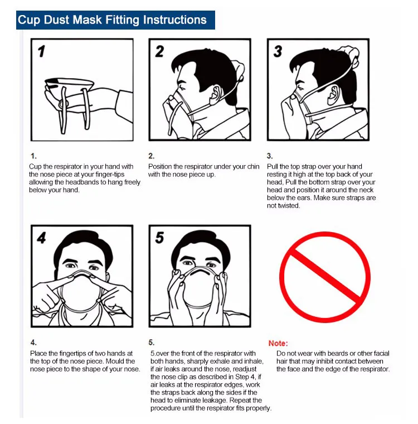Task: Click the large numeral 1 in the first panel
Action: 42,51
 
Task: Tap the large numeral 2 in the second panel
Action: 160,51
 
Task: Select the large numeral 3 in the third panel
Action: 278,51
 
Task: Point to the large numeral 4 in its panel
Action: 42,238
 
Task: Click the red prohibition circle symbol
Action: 324,277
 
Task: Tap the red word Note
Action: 278,343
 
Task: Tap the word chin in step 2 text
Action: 252,166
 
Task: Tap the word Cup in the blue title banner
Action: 28,20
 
